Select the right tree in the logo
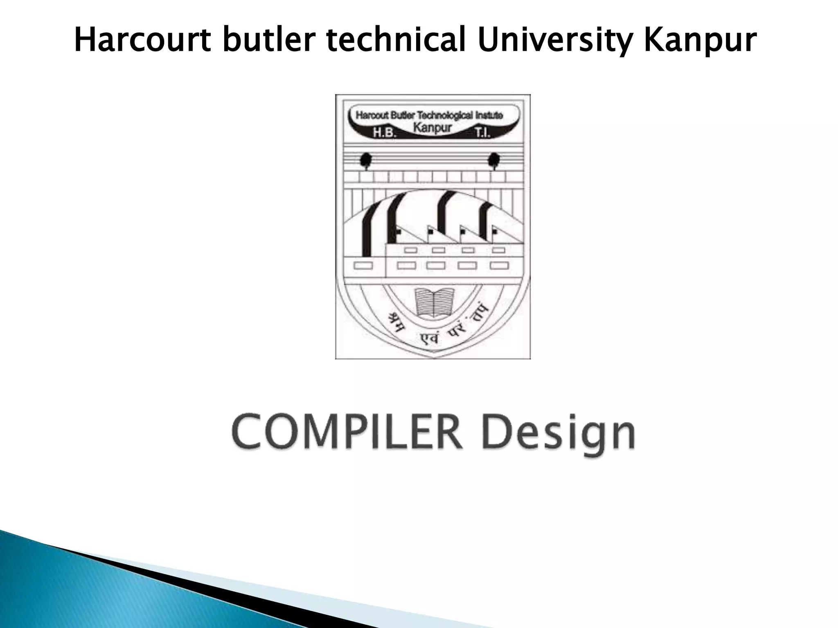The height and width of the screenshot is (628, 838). [x=494, y=160]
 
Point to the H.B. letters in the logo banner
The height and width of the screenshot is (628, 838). [x=384, y=133]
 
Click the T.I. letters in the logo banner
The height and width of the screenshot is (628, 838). [x=483, y=133]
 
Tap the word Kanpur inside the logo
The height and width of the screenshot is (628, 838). [x=433, y=128]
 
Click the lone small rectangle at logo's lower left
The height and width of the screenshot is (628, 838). [x=363, y=266]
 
